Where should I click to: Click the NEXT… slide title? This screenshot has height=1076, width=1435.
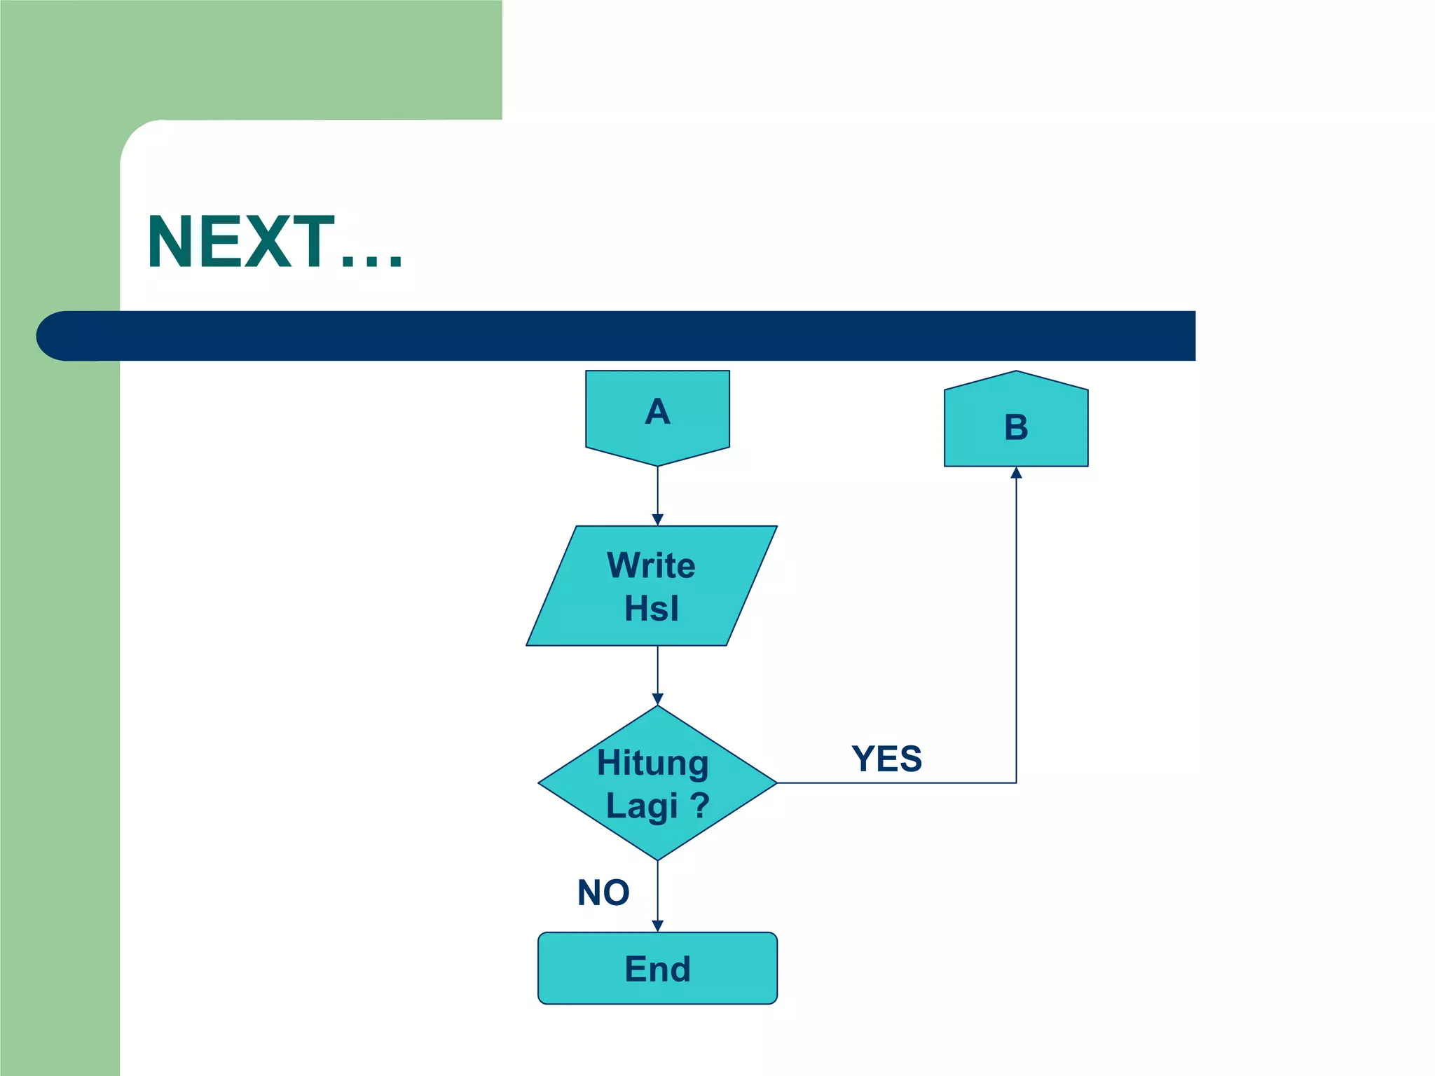click(275, 242)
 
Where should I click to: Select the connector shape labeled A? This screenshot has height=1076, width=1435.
click(657, 416)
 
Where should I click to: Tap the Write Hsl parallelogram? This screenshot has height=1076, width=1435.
click(652, 586)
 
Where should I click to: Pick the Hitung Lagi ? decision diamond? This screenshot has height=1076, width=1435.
click(657, 782)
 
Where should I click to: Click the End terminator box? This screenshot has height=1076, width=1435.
click(657, 968)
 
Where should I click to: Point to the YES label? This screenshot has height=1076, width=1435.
click(886, 759)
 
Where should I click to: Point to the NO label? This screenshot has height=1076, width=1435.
click(603, 892)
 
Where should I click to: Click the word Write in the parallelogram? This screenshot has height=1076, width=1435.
click(651, 565)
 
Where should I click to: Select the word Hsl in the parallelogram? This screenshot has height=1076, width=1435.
click(652, 608)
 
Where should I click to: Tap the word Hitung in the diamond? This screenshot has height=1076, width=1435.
click(652, 763)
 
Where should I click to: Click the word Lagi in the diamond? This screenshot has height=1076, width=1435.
click(642, 806)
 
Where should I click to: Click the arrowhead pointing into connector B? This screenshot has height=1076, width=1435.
click(1016, 473)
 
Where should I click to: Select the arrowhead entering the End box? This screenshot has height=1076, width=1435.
click(657, 926)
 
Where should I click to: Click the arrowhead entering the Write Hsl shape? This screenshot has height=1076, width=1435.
click(657, 520)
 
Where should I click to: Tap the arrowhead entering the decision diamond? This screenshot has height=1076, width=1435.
click(657, 699)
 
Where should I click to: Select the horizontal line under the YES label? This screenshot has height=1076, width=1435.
click(897, 782)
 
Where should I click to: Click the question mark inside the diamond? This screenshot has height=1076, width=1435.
click(699, 805)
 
